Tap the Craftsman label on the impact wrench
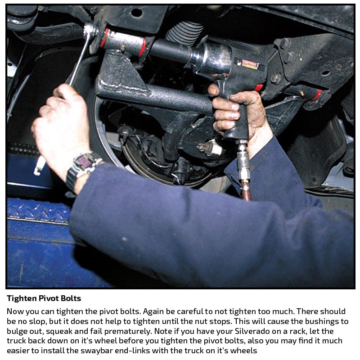click(x=250, y=64)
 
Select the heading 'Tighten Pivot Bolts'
click(x=44, y=298)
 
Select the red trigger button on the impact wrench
click(x=259, y=88)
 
